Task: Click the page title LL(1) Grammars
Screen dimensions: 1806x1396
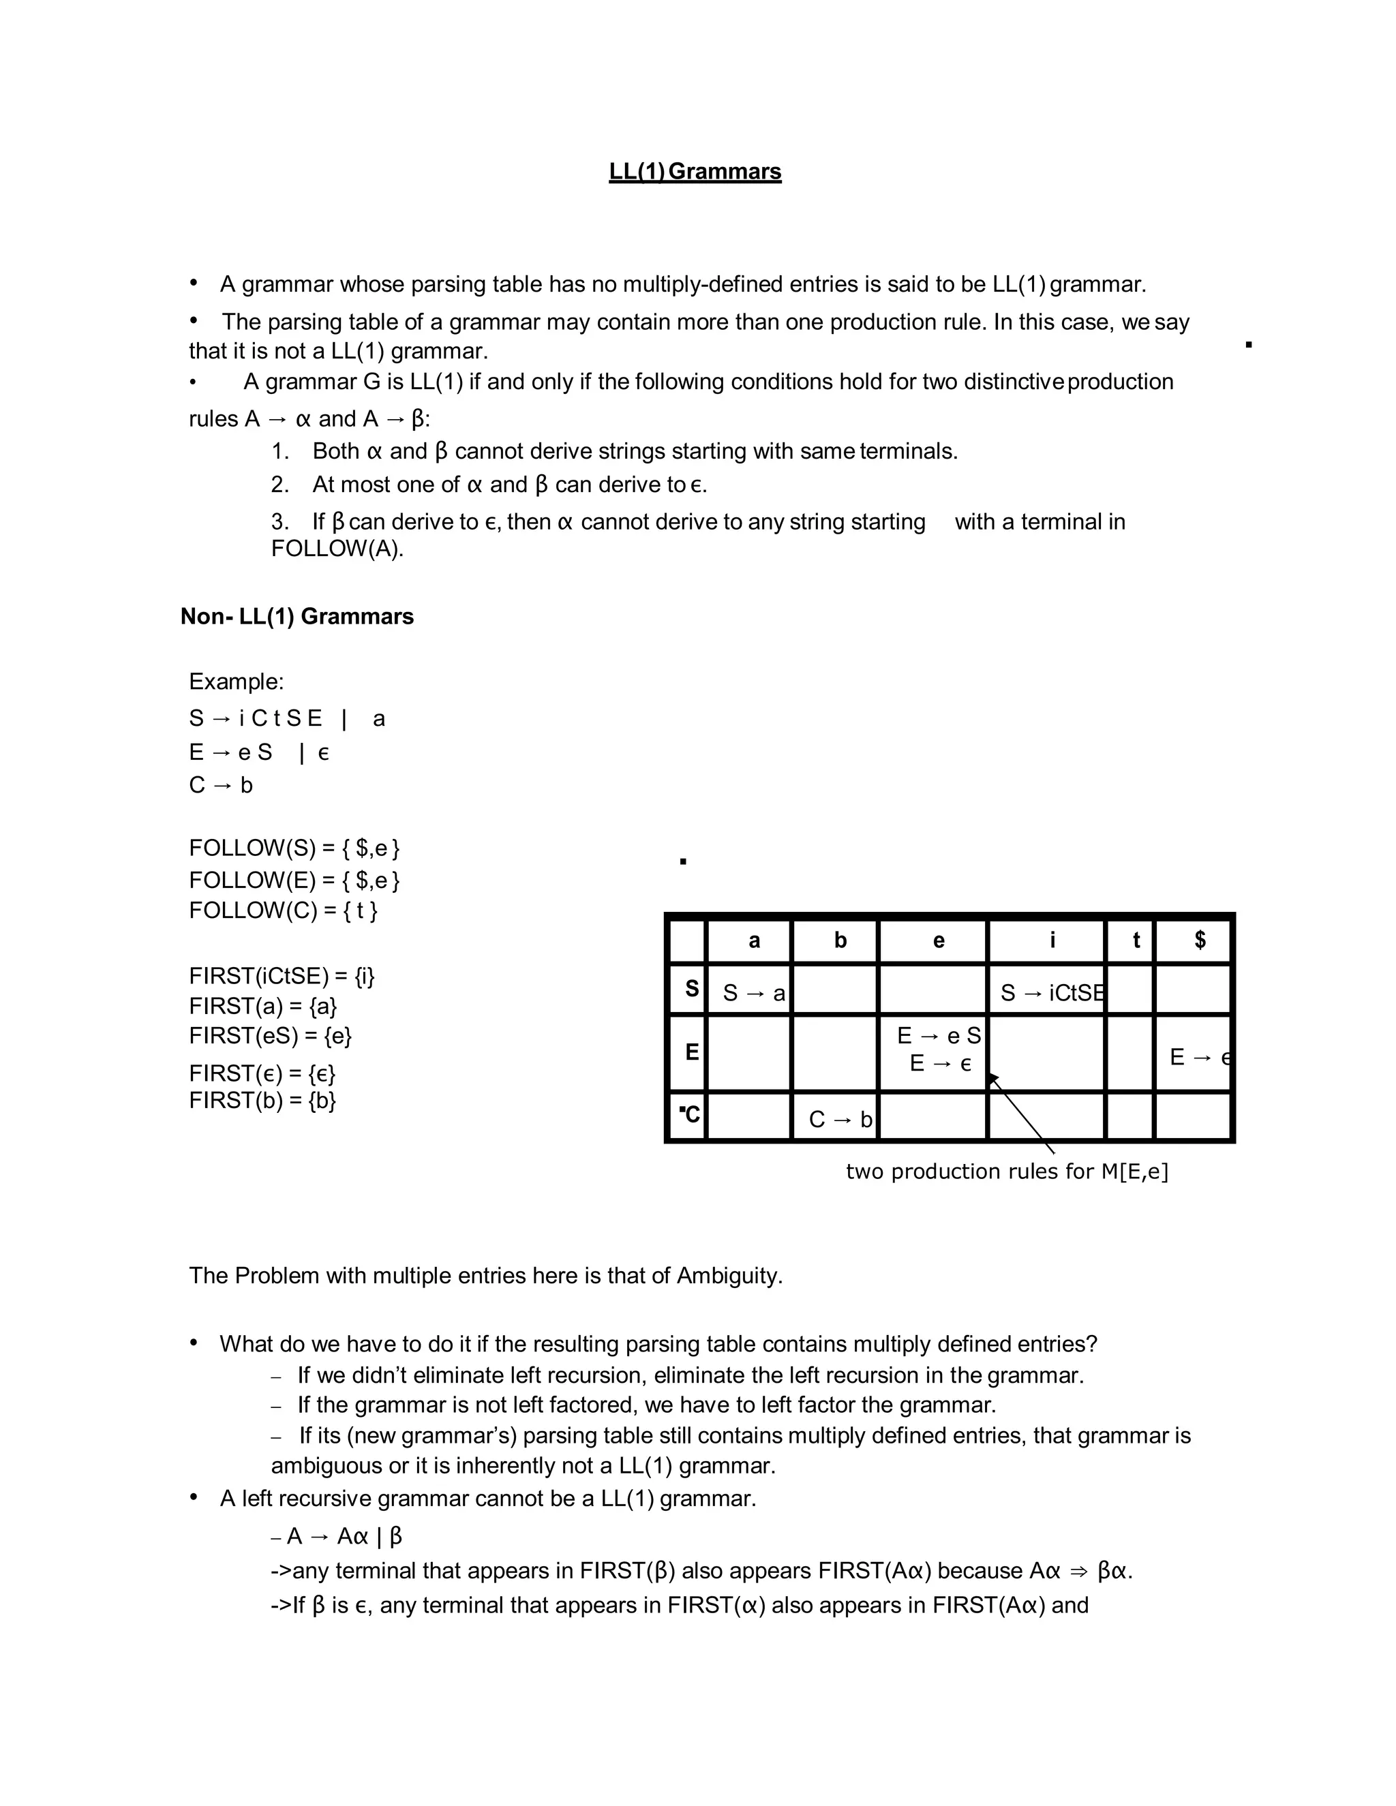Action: [x=695, y=171]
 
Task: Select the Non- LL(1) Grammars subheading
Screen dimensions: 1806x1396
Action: [x=297, y=616]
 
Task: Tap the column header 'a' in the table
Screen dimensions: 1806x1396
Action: [x=753, y=940]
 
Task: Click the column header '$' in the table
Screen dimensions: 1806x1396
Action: [x=1199, y=940]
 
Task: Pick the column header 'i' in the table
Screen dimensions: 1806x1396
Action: [x=1052, y=940]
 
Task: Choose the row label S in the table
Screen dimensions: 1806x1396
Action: [x=691, y=989]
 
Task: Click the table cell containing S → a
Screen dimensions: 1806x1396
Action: [x=753, y=992]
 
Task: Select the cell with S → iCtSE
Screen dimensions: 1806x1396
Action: [x=1050, y=992]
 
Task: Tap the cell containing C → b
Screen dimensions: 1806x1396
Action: [x=839, y=1119]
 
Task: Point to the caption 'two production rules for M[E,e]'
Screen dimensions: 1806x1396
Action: [x=1007, y=1171]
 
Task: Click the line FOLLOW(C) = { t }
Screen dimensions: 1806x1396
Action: [x=283, y=910]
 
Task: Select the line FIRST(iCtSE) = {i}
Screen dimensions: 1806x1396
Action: [x=282, y=976]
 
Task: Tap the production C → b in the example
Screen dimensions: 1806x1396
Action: [x=221, y=784]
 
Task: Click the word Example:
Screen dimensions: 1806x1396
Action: [x=236, y=682]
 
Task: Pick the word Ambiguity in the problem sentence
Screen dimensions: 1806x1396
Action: [x=729, y=1275]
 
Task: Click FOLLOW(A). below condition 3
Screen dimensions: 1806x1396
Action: [x=337, y=549]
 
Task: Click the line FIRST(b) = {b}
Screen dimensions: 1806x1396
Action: [x=262, y=1101]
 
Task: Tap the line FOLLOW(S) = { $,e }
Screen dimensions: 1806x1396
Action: [x=294, y=848]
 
